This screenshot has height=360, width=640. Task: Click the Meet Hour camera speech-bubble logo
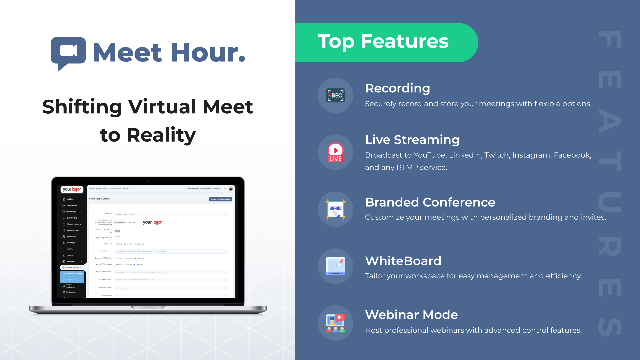click(x=68, y=52)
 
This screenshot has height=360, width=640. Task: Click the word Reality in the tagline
click(x=161, y=135)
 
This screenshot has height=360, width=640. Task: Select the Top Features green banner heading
click(x=383, y=42)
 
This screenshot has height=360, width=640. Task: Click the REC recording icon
click(x=335, y=95)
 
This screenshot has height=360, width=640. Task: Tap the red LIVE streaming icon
click(x=335, y=152)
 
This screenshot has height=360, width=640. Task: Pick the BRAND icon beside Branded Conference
click(x=335, y=209)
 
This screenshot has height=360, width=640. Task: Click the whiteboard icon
click(x=335, y=266)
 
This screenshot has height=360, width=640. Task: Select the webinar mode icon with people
click(x=335, y=323)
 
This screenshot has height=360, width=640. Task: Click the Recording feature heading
click(x=397, y=88)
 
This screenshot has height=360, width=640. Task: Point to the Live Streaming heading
click(x=412, y=140)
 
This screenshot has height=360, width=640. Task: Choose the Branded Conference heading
click(x=430, y=202)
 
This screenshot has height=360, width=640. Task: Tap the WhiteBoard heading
click(x=403, y=261)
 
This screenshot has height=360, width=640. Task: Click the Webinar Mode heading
click(x=411, y=315)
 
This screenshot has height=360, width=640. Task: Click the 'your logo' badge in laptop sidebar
click(x=72, y=189)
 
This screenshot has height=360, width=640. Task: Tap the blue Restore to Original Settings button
click(x=220, y=199)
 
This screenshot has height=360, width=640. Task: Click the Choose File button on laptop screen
click(x=120, y=222)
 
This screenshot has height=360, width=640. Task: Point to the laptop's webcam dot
click(x=148, y=181)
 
